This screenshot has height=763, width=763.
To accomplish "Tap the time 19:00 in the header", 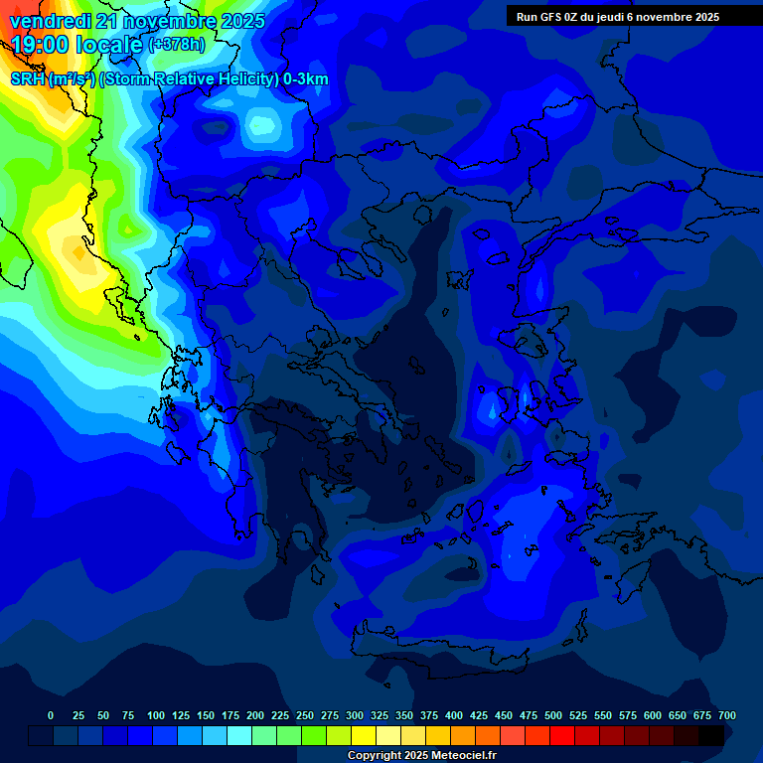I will pos(43,45).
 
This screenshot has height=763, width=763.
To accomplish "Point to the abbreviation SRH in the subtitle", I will pos(27,79).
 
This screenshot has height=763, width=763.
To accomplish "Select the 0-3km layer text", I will pos(306,79).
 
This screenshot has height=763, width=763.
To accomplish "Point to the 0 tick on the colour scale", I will pos(51,715).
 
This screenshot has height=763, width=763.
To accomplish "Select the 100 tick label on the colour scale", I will pos(156,715).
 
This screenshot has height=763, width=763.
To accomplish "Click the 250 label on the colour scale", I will pos(305,715).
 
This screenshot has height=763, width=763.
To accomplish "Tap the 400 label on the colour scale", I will pos(454,715).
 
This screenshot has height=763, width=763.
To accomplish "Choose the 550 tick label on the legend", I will pos(603,715).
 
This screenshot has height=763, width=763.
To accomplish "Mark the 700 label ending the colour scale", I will pos(727,715).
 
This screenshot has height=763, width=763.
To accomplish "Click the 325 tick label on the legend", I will pos(380,715).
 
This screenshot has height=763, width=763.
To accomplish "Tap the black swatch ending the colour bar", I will pos(711,735).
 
